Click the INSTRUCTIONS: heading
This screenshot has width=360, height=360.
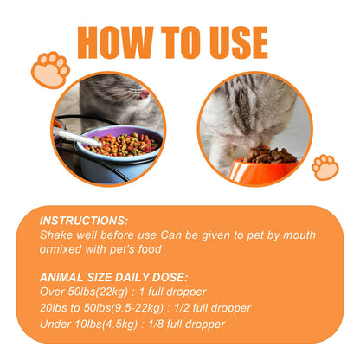point(84,222)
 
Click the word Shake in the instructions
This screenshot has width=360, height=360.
point(58,235)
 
